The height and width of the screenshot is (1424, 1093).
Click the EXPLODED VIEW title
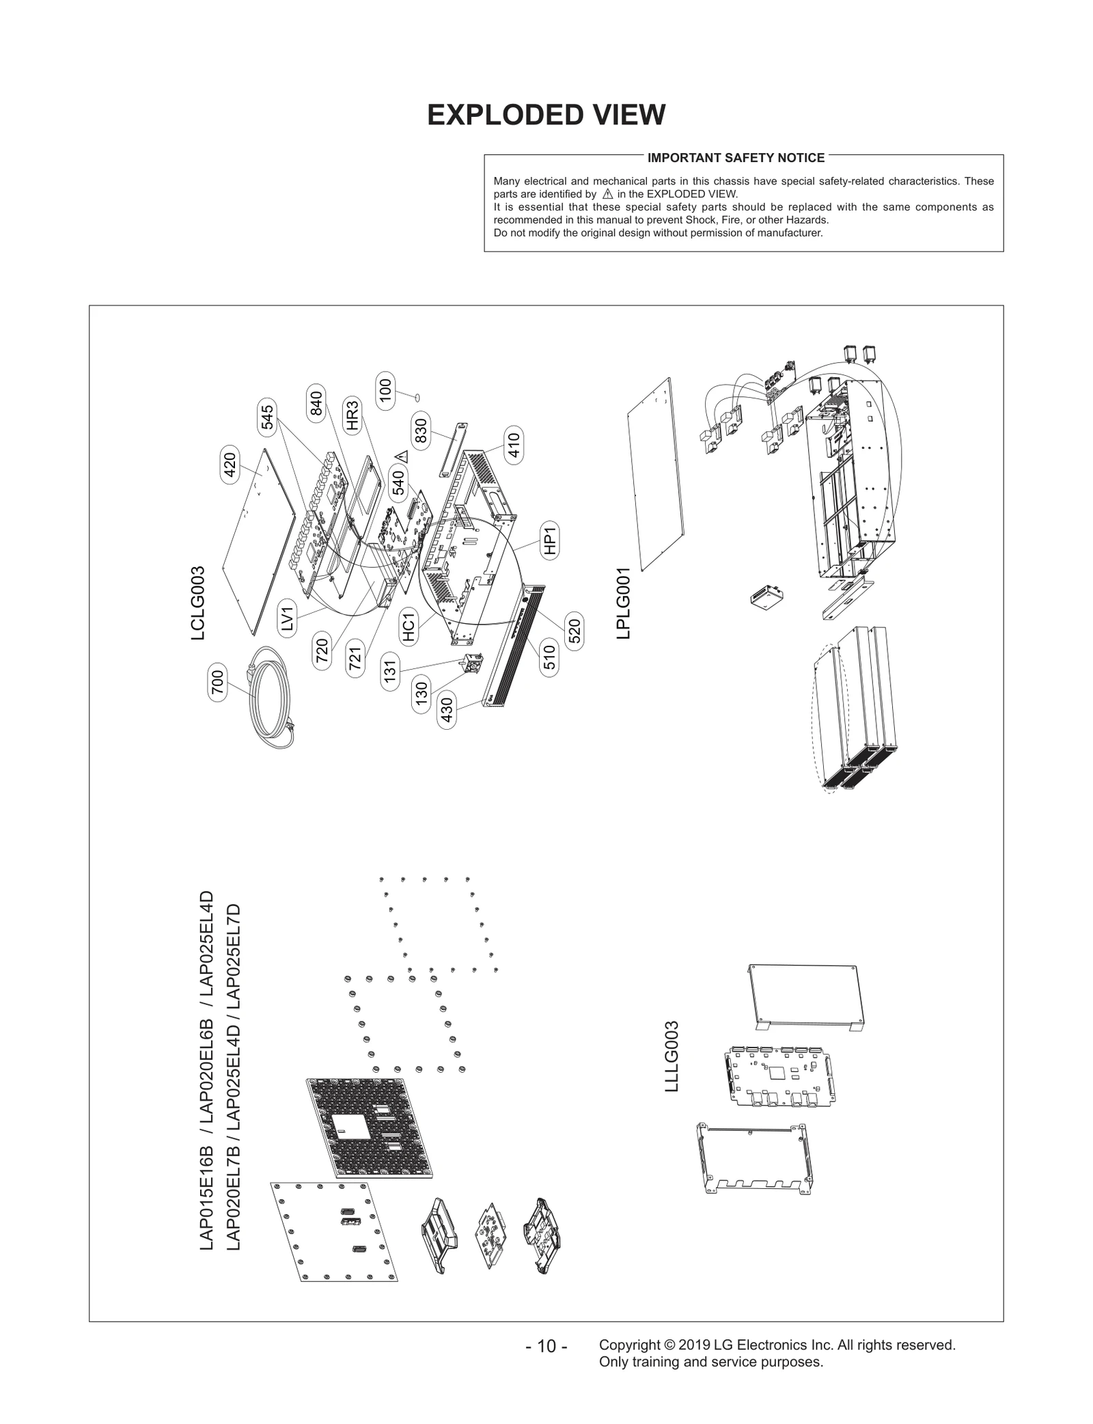546,115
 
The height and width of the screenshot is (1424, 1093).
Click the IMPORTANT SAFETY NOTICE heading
736,158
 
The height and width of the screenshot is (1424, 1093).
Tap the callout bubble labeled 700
217,683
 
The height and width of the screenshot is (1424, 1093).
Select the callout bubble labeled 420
230,465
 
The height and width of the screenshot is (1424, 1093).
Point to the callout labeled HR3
352,415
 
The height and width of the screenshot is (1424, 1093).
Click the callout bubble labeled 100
386,393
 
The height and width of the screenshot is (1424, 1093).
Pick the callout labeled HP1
551,540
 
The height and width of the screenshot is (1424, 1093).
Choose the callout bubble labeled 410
514,445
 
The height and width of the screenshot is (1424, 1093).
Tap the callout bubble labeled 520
575,630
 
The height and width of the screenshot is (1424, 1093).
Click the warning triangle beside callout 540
402,456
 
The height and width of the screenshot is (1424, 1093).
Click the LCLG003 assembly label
198,603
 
